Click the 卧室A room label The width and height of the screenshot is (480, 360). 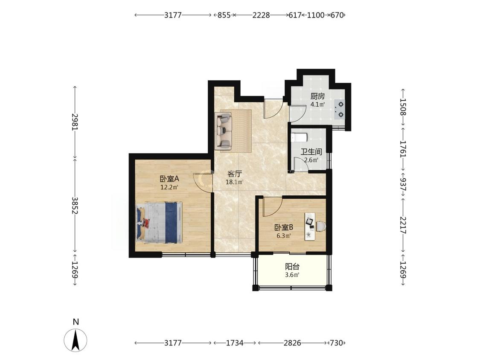coord(169,178)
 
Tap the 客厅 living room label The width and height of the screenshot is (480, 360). coord(235,174)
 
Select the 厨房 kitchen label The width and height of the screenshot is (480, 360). coord(317,96)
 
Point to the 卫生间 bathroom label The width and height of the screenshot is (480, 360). coord(311,151)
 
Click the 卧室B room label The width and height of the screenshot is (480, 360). coord(284,227)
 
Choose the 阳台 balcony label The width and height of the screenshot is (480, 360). coord(292,267)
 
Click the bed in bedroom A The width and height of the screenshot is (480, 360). coord(159,223)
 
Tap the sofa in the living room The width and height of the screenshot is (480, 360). coord(224,131)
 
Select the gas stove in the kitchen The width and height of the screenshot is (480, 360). coord(340,110)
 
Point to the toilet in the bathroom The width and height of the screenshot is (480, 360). coord(299,138)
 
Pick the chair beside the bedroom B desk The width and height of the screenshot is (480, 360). coord(321,226)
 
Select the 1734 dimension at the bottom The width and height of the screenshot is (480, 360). coord(235,343)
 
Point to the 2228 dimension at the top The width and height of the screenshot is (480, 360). coord(261,15)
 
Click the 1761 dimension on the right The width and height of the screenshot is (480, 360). coord(403,149)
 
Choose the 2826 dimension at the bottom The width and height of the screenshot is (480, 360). coord(292,343)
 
